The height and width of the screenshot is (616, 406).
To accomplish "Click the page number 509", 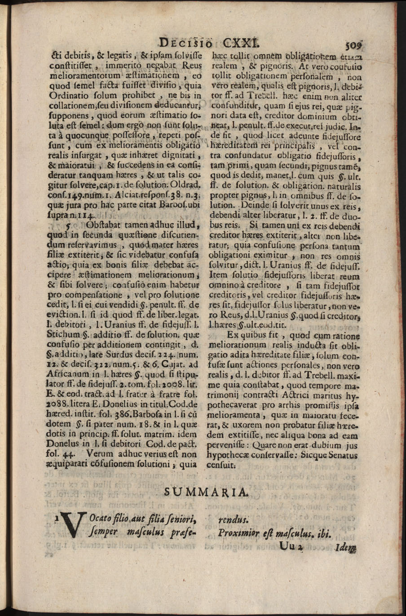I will click(x=354, y=44).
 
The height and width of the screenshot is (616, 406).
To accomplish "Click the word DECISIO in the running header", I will click(x=187, y=44).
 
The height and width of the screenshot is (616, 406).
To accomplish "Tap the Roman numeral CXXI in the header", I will click(x=240, y=44).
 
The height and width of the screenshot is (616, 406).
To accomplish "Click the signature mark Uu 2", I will click(x=292, y=546).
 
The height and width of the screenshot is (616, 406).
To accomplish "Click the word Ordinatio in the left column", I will click(x=66, y=96).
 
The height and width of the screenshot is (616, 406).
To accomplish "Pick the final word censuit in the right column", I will click(x=221, y=465).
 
